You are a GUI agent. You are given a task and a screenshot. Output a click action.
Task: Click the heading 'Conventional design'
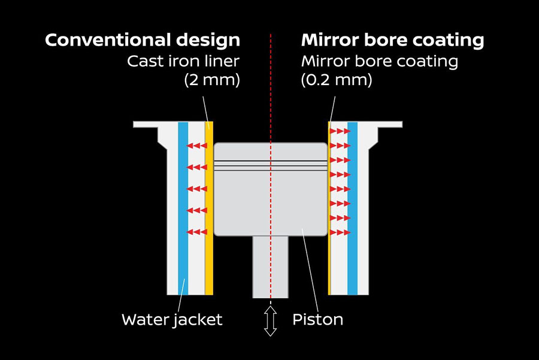(x=143, y=41)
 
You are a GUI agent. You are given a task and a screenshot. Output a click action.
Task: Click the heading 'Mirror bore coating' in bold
(x=393, y=41)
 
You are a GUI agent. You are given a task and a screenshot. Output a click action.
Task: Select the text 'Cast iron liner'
(x=183, y=61)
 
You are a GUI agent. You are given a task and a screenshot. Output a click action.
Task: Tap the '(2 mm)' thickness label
(x=211, y=80)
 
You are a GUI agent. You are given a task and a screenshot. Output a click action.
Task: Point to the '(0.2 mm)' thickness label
(x=337, y=80)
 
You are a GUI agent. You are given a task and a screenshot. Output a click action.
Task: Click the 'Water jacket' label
(x=172, y=320)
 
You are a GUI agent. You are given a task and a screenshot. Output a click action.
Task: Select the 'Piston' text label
(x=317, y=320)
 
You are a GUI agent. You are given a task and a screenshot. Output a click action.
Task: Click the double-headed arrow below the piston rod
(x=271, y=322)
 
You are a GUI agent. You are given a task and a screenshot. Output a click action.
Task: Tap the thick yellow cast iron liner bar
(x=209, y=210)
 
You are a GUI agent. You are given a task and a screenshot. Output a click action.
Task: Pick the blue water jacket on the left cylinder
(x=183, y=210)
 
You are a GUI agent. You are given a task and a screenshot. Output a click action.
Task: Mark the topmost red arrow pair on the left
(x=195, y=146)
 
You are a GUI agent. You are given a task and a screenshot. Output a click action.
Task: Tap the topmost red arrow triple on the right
(x=340, y=131)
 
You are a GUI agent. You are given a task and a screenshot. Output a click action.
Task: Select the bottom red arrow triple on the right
(x=340, y=232)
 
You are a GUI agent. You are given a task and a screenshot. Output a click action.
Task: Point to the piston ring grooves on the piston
(x=271, y=165)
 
